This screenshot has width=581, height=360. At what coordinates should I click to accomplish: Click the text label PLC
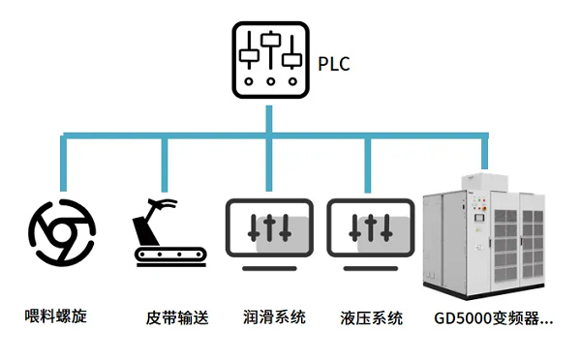[333, 66]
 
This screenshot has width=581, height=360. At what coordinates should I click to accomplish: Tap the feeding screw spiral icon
[62, 231]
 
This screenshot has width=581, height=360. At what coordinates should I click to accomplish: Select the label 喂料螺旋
[56, 315]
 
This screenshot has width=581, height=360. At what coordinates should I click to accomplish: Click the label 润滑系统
[274, 317]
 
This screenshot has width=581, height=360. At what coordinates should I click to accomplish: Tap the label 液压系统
[372, 317]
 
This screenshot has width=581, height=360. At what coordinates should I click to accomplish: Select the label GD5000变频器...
[494, 317]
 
